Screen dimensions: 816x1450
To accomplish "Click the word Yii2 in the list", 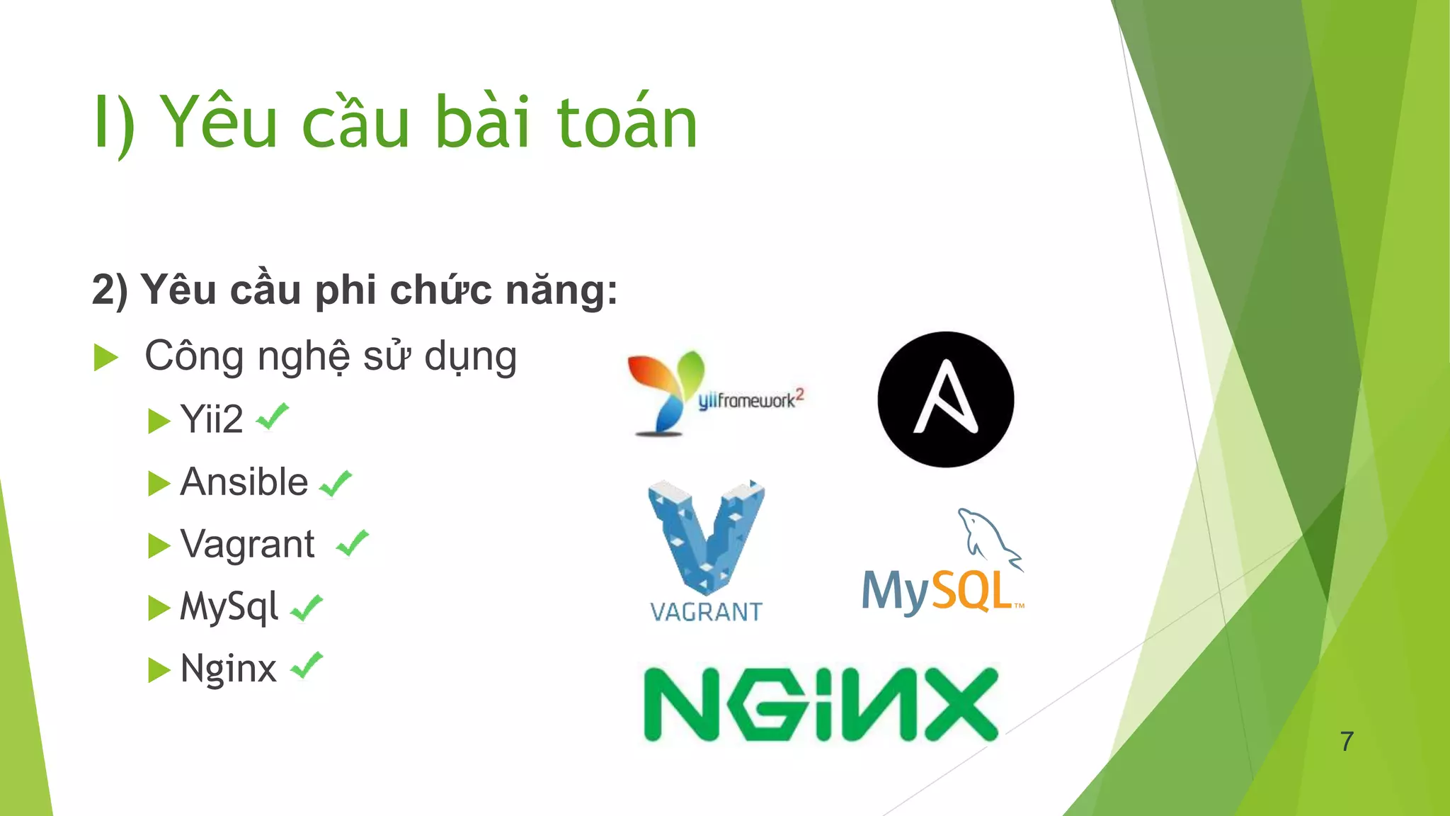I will (x=212, y=419).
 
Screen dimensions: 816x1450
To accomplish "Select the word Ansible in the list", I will (x=244, y=482).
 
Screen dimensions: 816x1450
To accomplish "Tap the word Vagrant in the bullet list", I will (x=247, y=545).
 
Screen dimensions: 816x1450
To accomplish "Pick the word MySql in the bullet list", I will (x=229, y=607).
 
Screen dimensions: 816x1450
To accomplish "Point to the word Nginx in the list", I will (x=228, y=669).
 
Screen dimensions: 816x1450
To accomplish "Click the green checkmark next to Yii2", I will (x=273, y=416).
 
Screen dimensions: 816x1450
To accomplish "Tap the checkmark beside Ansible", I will (x=336, y=484).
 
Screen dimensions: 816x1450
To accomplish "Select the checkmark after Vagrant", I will (x=353, y=543).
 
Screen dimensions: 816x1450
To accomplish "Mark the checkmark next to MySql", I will (x=307, y=608).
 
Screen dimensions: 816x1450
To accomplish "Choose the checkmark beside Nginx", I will (x=307, y=666).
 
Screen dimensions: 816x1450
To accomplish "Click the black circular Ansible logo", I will (x=945, y=399).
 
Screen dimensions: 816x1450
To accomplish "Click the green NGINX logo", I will (x=821, y=704).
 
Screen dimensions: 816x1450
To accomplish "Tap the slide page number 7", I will (x=1347, y=742).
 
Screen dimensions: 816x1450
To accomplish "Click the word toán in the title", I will (x=627, y=123).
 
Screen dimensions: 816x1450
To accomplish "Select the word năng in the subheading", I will (x=561, y=290).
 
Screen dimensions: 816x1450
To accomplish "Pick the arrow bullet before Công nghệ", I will (x=105, y=357).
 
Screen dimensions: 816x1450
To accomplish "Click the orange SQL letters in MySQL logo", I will (x=971, y=591).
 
